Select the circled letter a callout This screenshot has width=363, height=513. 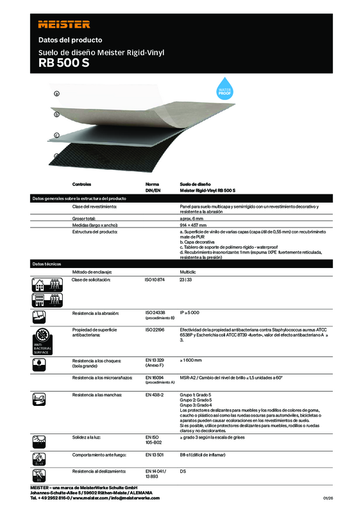pos(57,94)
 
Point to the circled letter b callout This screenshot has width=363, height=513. pos(57,114)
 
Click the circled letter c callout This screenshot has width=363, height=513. pos(57,135)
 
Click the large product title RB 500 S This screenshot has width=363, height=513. pos(63,63)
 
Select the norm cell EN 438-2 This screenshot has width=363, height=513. pos(155,395)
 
